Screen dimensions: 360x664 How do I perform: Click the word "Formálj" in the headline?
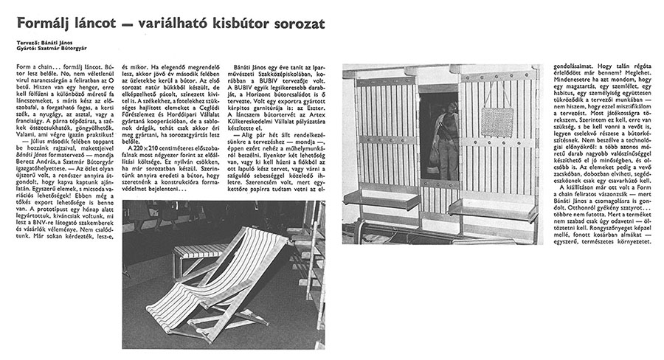(46, 24)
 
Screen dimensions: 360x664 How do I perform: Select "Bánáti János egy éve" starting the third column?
(261, 67)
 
